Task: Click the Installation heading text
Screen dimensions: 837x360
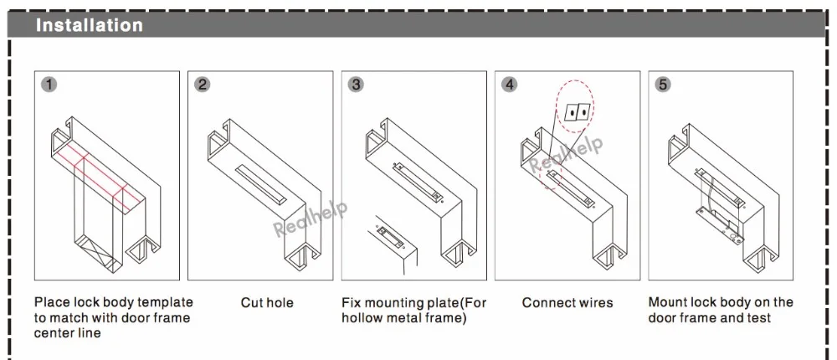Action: pos(90,25)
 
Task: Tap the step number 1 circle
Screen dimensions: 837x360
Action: pos(49,85)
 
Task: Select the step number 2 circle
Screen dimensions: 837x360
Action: pos(203,85)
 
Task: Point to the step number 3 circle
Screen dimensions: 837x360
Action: pos(356,85)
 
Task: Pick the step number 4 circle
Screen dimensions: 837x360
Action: pos(510,85)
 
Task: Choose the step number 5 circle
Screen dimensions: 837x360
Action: pos(663,85)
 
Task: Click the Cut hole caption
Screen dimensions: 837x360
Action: pos(267,303)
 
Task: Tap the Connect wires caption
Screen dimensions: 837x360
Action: pos(567,303)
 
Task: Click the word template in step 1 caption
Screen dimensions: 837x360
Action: pos(164,302)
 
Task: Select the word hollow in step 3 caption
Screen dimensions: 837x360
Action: pos(360,318)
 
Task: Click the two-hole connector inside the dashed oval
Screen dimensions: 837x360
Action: pos(576,112)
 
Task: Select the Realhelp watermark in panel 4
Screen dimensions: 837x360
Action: pos(566,155)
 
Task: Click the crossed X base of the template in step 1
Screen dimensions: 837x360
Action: pos(99,250)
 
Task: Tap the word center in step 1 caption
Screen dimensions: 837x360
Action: pos(52,332)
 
